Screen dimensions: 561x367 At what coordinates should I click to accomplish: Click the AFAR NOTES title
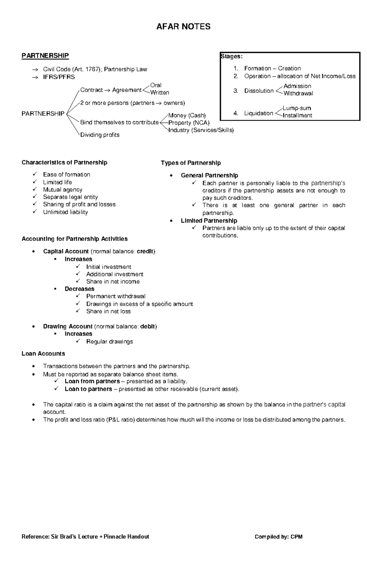[183, 27]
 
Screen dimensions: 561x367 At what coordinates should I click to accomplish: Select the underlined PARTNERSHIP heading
[45, 56]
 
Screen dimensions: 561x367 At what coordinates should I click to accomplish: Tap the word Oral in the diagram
[156, 85]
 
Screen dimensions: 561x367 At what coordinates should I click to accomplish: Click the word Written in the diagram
[160, 93]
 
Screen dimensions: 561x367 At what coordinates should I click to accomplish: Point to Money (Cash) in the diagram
[187, 116]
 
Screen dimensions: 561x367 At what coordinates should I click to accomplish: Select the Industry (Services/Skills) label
[201, 130]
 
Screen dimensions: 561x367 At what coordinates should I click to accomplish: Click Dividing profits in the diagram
[100, 135]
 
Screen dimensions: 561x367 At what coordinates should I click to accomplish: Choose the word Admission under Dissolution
[297, 86]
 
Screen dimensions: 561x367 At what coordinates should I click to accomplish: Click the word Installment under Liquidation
[297, 116]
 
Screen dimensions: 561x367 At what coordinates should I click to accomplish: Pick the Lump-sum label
[297, 108]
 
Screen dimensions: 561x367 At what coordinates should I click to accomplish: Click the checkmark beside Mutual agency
[35, 190]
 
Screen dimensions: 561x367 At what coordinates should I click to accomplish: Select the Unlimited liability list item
[65, 212]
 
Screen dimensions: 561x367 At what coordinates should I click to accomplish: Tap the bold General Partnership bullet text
[209, 175]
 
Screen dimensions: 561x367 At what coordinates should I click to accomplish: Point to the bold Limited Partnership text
[209, 221]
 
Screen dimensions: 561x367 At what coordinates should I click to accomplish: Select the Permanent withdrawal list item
[116, 296]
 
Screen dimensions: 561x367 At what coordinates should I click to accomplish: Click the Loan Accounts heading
[43, 354]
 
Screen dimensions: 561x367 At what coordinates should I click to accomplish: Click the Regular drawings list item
[109, 341]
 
